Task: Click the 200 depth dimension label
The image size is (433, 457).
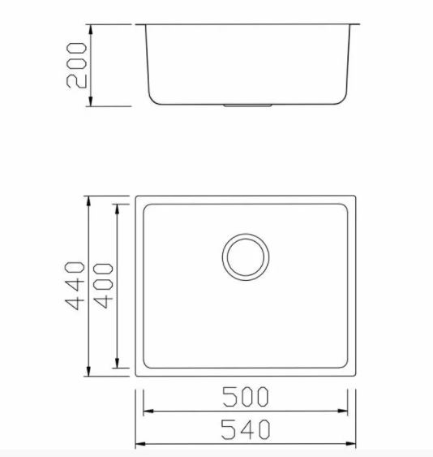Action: (76, 65)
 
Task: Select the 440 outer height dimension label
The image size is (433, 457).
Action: (75, 286)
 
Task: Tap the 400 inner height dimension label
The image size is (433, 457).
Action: (103, 286)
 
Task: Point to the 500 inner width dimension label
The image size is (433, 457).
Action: (245, 397)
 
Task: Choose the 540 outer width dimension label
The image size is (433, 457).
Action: (245, 429)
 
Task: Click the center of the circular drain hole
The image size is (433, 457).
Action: (246, 257)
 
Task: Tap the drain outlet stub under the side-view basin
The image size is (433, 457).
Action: (248, 106)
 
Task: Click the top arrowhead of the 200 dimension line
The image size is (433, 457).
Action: (91, 30)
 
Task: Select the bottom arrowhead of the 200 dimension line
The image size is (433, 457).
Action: (91, 101)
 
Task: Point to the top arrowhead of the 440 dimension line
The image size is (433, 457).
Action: (88, 201)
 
